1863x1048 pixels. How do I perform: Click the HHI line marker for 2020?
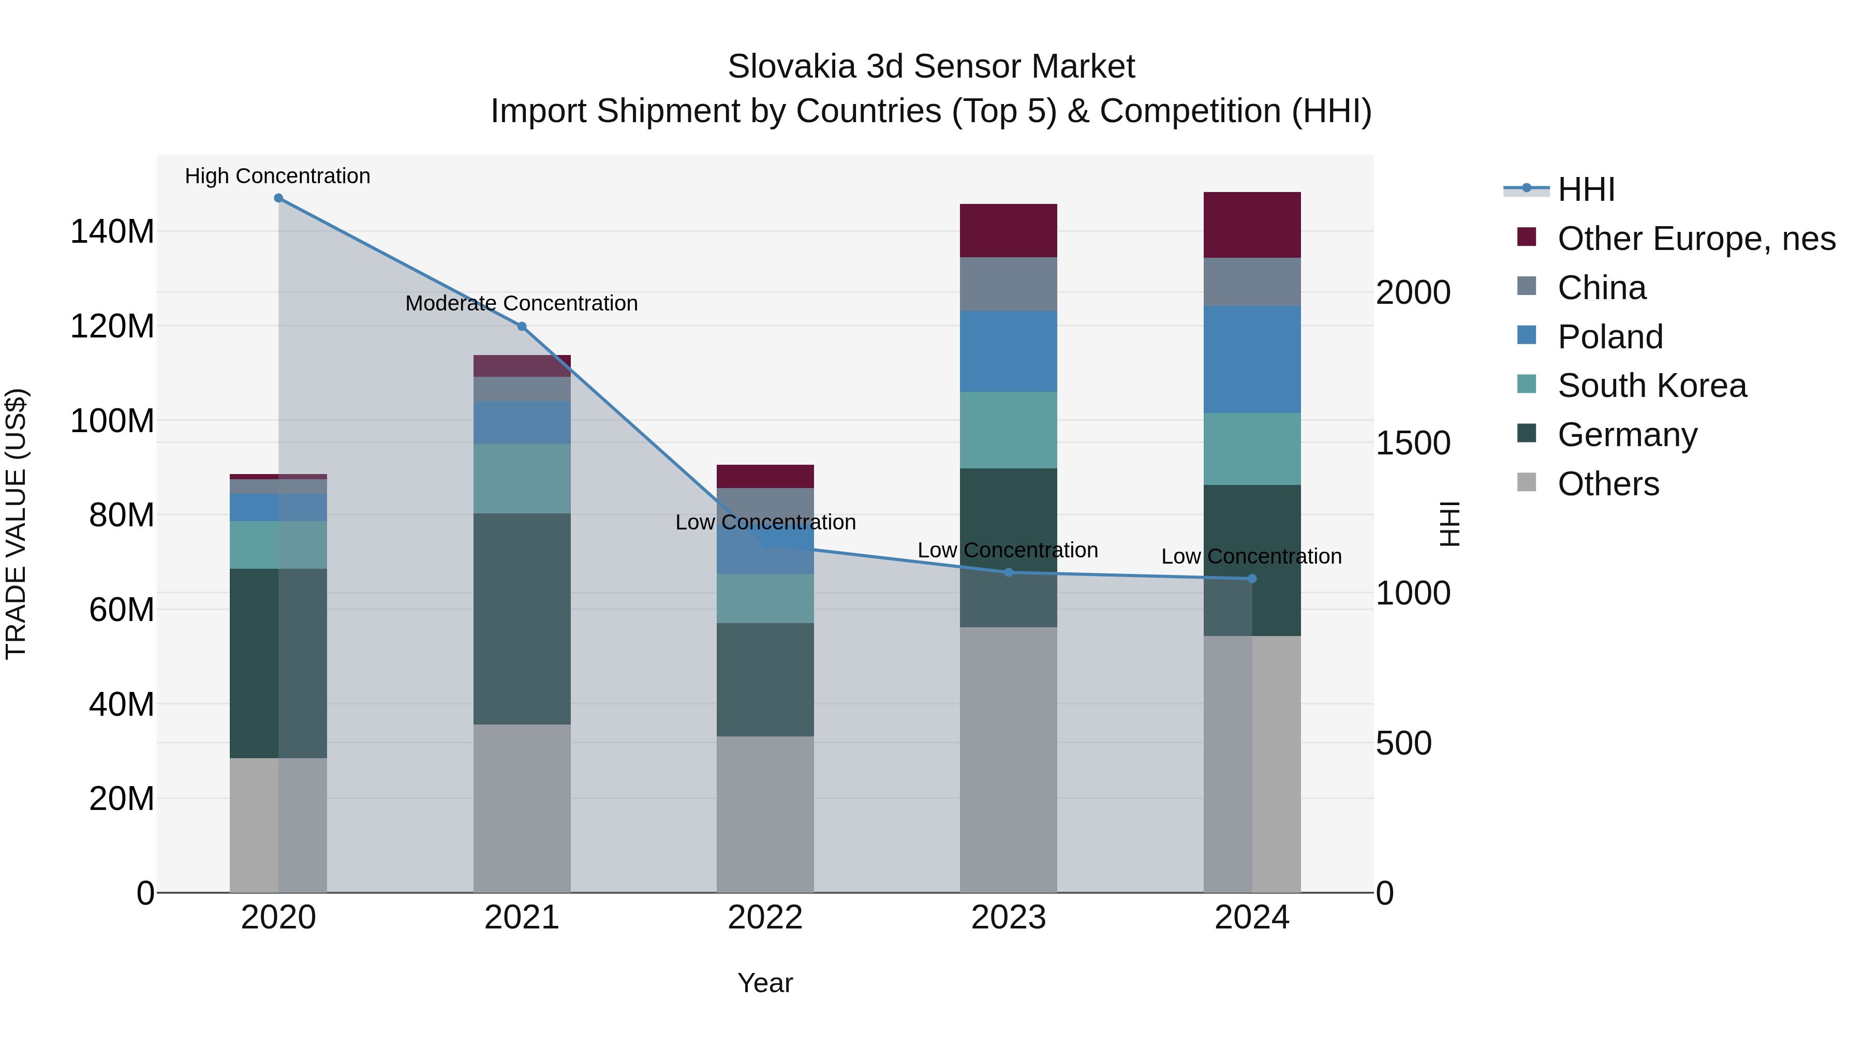point(278,198)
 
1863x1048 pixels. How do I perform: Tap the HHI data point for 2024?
point(1252,579)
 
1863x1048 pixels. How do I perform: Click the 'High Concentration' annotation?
point(278,176)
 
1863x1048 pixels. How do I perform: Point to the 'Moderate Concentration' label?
point(522,304)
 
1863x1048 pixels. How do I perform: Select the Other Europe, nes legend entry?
point(1696,239)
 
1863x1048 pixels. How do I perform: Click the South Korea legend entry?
point(1652,386)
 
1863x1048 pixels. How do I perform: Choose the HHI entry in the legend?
point(1586,189)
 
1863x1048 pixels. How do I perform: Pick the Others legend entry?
point(1608,484)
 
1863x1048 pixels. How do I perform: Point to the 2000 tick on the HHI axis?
point(1412,293)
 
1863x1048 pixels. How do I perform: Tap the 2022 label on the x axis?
point(765,918)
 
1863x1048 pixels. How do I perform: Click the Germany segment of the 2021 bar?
point(522,618)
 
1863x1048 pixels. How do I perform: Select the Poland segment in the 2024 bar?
point(1252,360)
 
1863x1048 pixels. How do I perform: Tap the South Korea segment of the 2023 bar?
point(1008,431)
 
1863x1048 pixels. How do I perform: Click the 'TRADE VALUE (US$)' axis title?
point(17,524)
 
